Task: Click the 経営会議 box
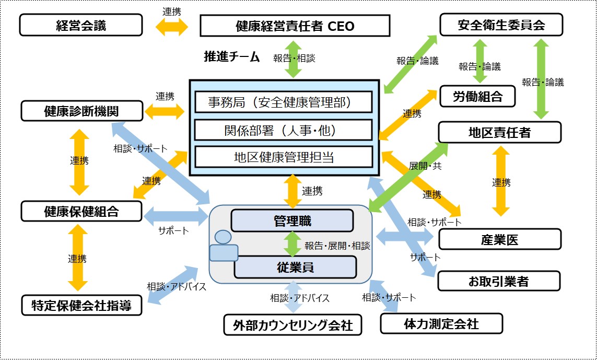click(81, 25)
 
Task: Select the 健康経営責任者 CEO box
click(295, 25)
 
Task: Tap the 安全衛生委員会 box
click(501, 25)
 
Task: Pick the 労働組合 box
click(477, 96)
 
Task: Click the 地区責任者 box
click(499, 132)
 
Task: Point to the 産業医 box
click(500, 239)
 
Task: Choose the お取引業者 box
click(498, 281)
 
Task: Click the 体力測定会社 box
click(441, 323)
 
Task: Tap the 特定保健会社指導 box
click(82, 305)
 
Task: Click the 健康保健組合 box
click(81, 211)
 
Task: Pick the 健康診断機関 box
click(81, 110)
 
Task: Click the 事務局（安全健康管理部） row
click(284, 102)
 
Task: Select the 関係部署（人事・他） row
click(284, 130)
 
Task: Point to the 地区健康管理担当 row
click(284, 157)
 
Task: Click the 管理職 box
click(292, 220)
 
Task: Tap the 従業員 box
click(295, 267)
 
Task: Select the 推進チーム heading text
click(231, 57)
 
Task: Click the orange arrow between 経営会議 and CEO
click(171, 26)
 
